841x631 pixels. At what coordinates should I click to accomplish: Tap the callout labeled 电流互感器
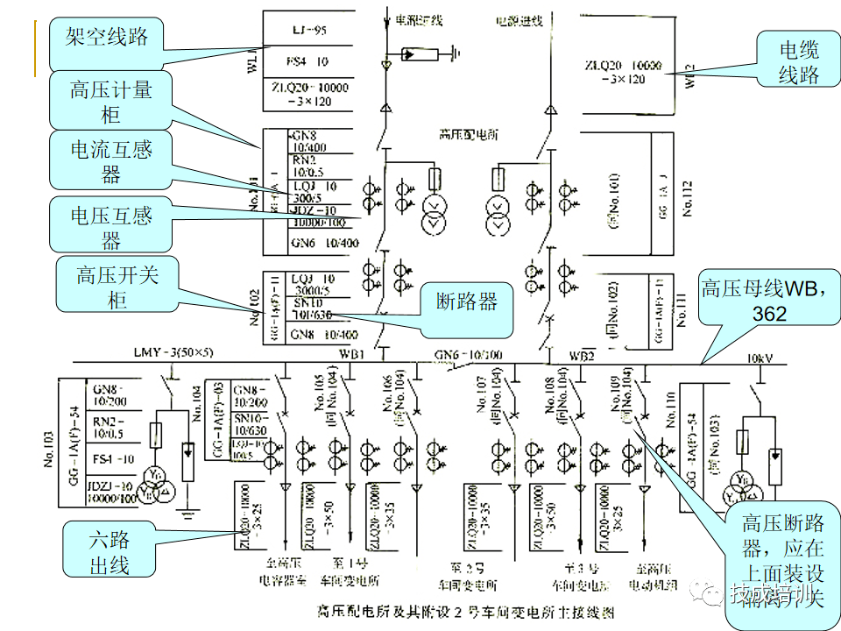tap(110, 161)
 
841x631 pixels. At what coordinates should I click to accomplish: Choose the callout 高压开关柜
tap(117, 286)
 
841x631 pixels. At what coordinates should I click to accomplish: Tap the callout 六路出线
tap(110, 549)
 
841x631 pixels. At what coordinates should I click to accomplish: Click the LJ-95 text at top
tap(308, 31)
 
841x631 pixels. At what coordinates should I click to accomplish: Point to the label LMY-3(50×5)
tap(173, 352)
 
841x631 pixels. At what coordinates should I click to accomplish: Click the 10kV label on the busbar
tap(760, 358)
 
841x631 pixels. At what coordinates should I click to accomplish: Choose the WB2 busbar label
tap(582, 357)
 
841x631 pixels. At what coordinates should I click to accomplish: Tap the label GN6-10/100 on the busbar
tap(470, 354)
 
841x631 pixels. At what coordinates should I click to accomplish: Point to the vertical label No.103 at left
tap(50, 447)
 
